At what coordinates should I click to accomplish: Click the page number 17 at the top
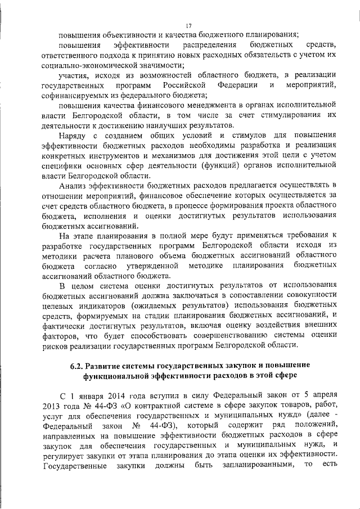[x=188, y=25]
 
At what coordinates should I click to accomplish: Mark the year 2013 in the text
[x=51, y=405]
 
